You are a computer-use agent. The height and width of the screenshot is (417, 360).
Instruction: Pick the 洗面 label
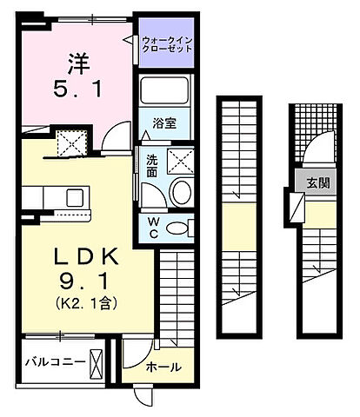click(151, 164)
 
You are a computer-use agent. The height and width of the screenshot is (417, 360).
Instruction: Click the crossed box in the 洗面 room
click(181, 161)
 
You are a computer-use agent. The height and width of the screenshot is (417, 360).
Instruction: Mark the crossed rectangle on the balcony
click(97, 361)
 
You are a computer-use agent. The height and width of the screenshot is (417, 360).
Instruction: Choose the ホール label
click(165, 367)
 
